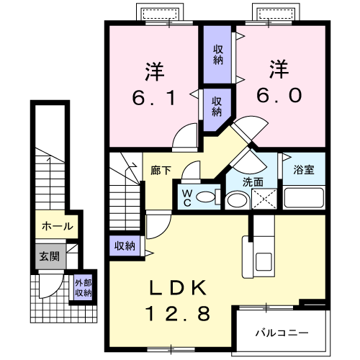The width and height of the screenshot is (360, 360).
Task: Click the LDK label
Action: [178, 288]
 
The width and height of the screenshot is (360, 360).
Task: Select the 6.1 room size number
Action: [153, 98]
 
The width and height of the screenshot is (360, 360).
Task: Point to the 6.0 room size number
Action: [279, 95]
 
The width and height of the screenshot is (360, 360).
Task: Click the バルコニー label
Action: [282, 333]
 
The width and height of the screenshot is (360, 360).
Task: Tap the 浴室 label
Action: [304, 170]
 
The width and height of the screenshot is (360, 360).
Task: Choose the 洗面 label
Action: [253, 182]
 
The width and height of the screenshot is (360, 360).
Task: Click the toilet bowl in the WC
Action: [206, 197]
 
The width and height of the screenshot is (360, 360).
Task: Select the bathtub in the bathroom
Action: [304, 198]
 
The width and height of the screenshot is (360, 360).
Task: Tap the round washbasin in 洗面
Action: [237, 200]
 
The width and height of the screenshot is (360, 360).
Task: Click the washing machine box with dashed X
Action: [264, 199]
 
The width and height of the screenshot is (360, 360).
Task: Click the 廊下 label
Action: [161, 171]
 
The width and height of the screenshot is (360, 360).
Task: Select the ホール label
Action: [57, 226]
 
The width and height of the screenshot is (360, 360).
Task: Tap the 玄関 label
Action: [50, 256]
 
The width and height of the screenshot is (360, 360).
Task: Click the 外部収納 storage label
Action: [83, 288]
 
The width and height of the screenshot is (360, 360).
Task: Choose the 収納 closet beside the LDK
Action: [125, 246]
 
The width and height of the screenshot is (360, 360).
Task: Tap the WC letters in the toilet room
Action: [186, 198]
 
